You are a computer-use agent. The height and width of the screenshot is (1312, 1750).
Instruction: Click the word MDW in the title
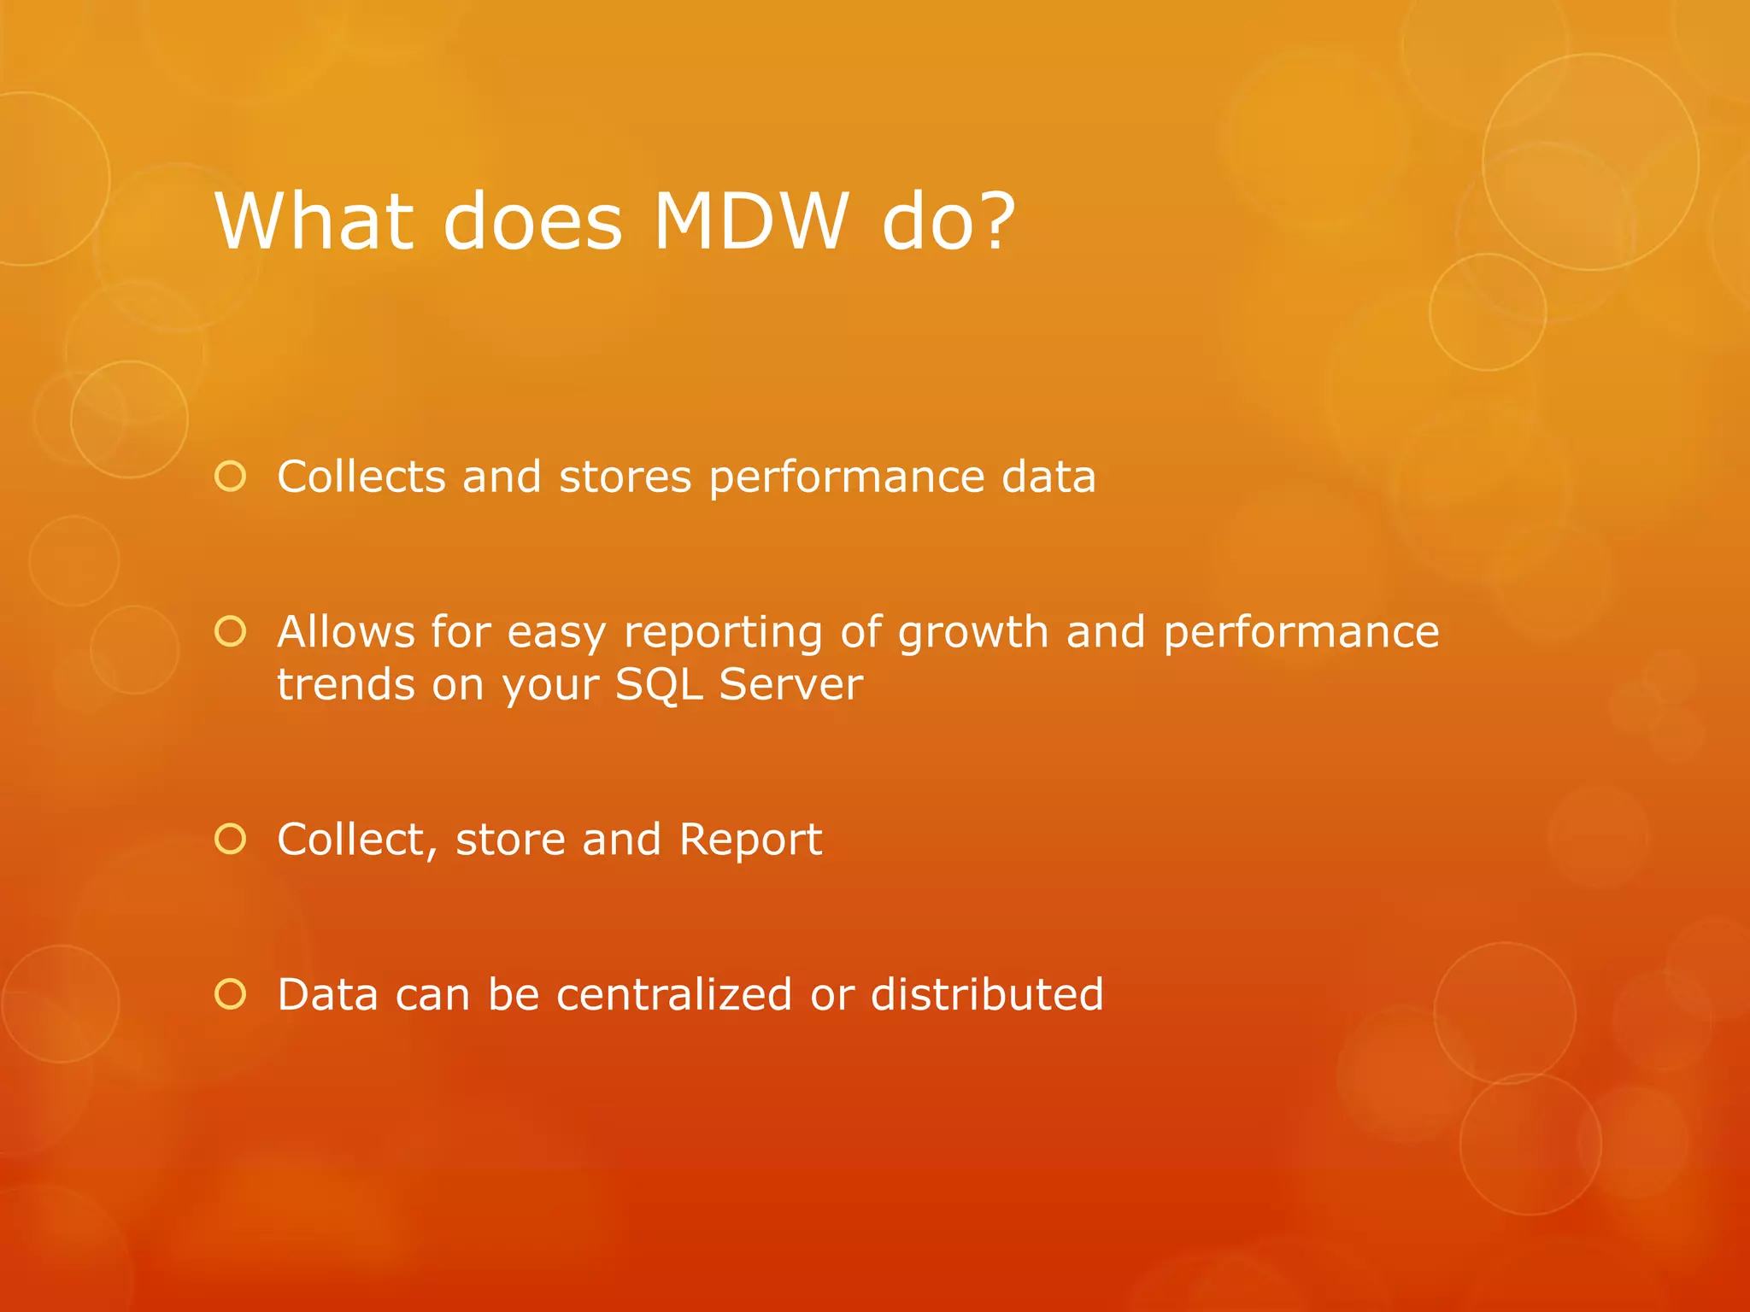[751, 221]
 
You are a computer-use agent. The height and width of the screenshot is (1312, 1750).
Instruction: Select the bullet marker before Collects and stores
[231, 476]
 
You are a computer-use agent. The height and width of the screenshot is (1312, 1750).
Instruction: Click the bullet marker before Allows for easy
[231, 631]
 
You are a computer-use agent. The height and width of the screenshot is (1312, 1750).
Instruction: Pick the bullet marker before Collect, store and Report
[231, 839]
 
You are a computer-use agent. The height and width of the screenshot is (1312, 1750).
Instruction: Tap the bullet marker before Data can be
[231, 994]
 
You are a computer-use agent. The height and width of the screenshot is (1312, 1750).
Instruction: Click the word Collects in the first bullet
[361, 477]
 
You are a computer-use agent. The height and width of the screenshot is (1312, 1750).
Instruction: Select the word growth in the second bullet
[973, 634]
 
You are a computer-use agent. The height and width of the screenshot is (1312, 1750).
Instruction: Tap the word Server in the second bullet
[790, 685]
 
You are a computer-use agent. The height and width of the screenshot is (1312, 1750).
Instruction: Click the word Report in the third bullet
[750, 840]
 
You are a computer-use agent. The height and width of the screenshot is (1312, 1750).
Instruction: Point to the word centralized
[674, 995]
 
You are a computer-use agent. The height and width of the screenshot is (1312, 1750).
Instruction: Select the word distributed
[987, 995]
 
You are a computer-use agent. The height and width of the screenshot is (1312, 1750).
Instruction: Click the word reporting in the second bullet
[723, 634]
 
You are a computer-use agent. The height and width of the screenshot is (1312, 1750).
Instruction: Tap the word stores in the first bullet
[625, 477]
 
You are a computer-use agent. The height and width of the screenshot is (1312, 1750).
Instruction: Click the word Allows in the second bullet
[346, 632]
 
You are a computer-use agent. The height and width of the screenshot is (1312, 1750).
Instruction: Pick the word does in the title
[532, 221]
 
